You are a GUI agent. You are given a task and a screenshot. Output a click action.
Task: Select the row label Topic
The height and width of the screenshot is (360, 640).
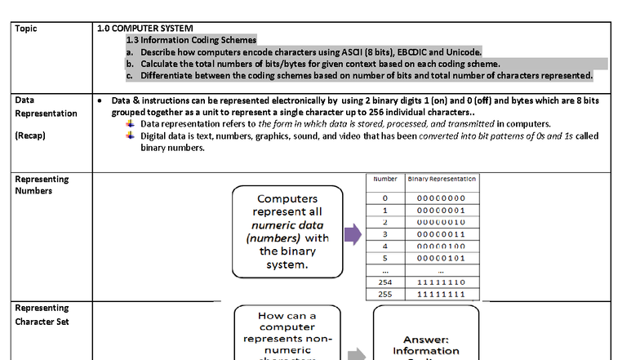point(26,29)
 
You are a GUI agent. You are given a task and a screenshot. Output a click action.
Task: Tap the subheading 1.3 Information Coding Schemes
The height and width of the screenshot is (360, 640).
point(191,39)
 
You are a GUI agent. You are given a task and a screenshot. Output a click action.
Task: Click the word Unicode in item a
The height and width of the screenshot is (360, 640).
point(462,51)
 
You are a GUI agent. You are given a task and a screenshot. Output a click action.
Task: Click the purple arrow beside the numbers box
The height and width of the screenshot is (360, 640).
point(352,235)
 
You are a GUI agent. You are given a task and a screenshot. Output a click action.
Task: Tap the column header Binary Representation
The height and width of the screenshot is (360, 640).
point(441,179)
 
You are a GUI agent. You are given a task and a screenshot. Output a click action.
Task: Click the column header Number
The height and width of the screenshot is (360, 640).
point(385,179)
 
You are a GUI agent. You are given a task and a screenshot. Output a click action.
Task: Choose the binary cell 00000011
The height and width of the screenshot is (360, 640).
point(441,233)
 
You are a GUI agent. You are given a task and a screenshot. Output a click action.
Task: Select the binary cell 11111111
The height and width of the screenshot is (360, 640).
point(441,293)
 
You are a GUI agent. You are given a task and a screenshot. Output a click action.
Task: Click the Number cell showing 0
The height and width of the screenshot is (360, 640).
point(385,198)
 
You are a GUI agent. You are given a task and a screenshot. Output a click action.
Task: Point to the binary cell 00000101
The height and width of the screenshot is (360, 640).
point(441,257)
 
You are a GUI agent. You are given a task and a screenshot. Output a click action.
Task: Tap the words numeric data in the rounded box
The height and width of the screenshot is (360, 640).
point(287,224)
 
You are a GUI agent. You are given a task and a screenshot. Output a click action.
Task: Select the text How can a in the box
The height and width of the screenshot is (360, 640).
point(287,315)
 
